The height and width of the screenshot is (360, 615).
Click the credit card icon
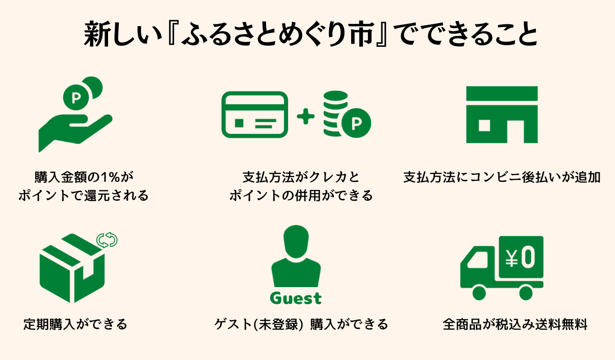254,115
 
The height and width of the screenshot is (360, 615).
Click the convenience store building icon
502,115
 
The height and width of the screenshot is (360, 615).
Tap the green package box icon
72,268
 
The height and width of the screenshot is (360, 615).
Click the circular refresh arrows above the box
107,240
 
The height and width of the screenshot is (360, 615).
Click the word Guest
296,298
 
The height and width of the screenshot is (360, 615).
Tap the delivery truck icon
502,268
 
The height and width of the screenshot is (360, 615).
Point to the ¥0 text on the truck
520,257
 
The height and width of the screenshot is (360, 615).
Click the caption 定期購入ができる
75,324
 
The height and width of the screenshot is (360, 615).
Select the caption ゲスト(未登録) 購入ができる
301,324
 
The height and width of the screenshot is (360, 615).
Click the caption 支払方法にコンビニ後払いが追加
502,177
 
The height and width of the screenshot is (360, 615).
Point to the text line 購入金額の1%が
84,176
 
